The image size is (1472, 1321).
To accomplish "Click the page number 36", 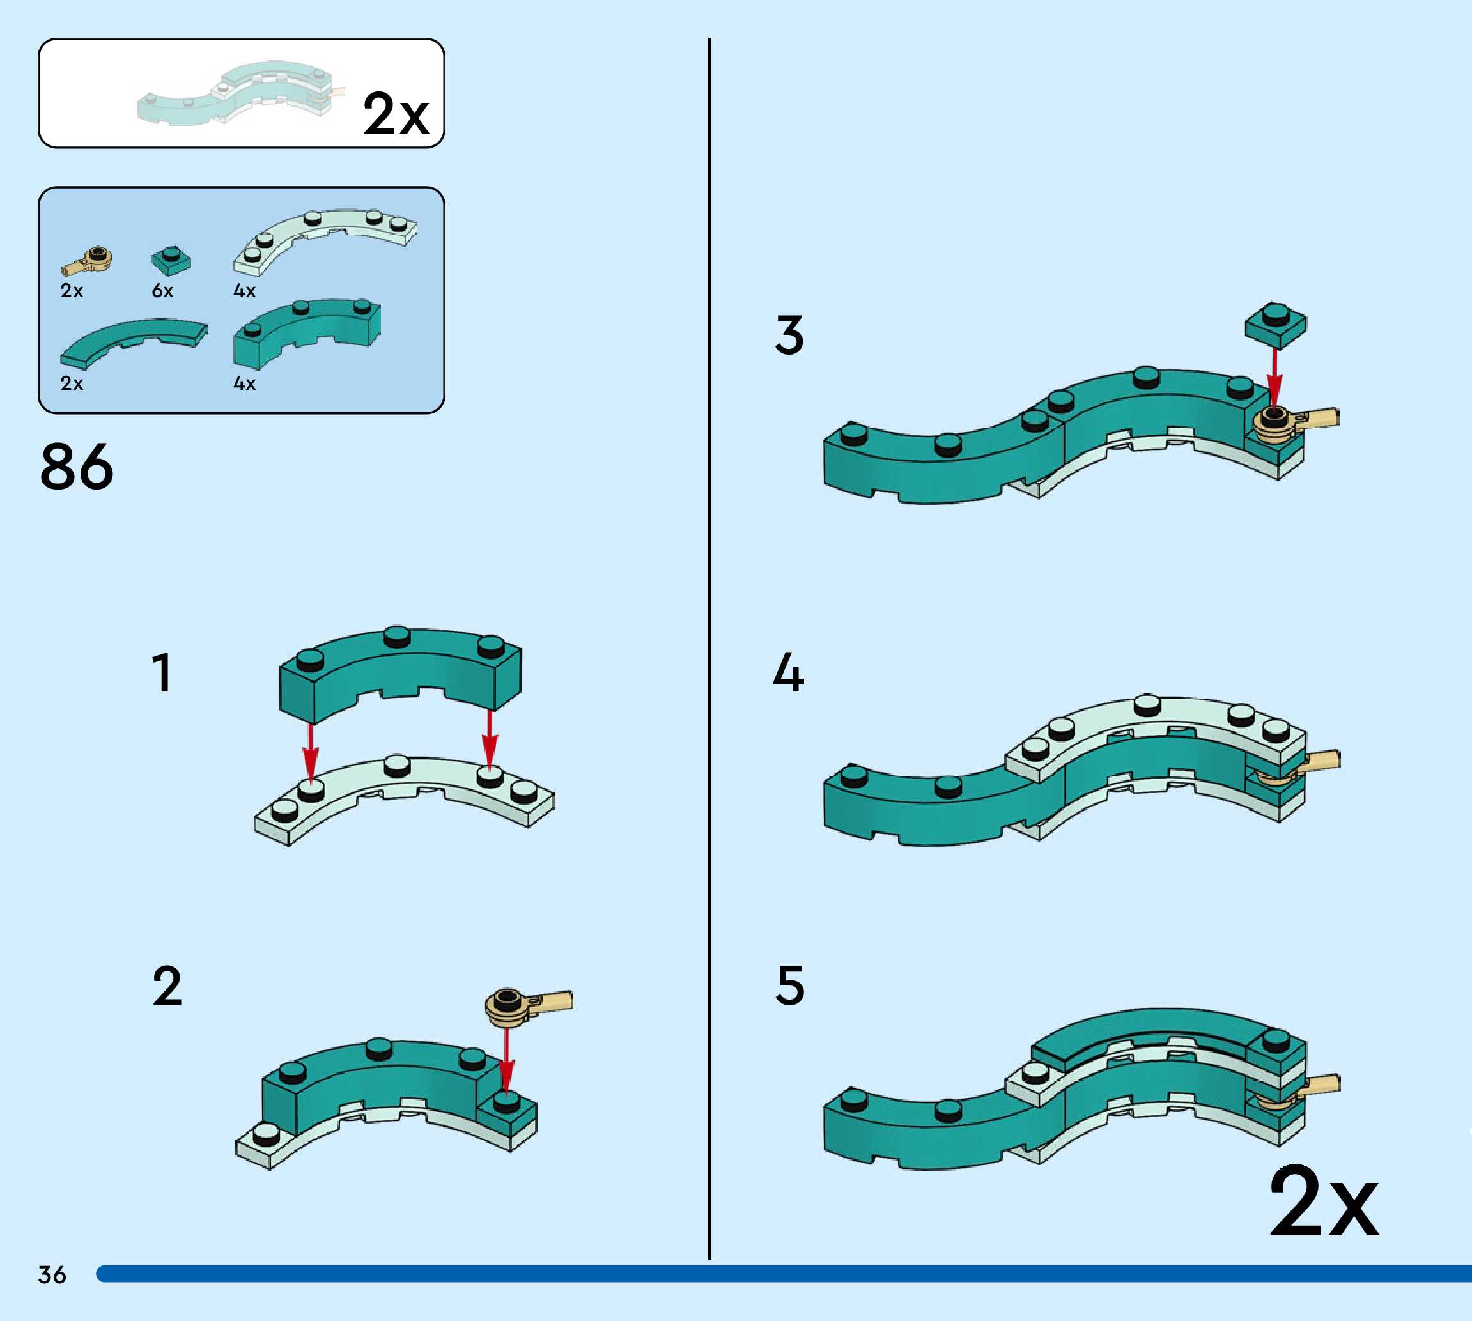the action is [52, 1274].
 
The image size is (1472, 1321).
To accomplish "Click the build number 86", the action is [76, 467].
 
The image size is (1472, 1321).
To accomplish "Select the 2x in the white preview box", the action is [396, 114].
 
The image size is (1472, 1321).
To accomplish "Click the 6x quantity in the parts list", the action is [162, 291].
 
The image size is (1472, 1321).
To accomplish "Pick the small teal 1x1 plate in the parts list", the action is [171, 261].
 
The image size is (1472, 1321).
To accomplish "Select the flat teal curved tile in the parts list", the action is [134, 341].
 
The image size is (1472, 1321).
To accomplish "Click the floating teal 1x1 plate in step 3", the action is [1275, 324].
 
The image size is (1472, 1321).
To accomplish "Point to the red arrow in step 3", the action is [1274, 378].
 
